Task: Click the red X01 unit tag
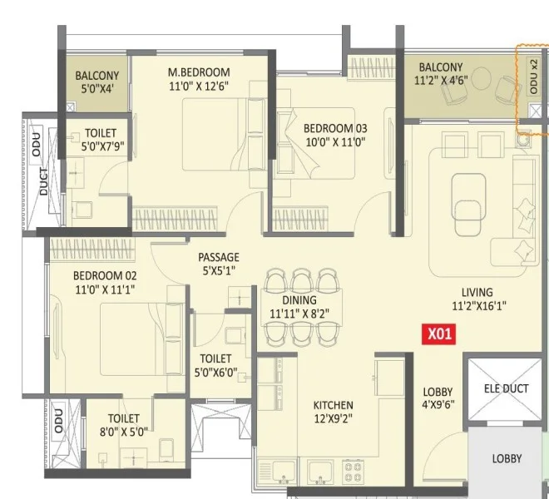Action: [438, 333]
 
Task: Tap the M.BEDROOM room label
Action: [199, 72]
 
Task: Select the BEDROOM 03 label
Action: [335, 128]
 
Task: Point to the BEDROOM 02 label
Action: [105, 275]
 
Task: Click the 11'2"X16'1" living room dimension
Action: [479, 306]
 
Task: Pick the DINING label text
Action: [299, 299]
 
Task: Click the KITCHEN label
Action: [333, 405]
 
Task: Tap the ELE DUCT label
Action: [506, 388]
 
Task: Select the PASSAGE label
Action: [219, 257]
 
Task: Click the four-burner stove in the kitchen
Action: [353, 472]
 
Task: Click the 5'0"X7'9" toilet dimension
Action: [103, 146]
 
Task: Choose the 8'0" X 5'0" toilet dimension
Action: [124, 432]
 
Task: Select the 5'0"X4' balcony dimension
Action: [97, 89]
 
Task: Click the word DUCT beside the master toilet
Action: [44, 181]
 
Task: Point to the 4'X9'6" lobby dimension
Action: [438, 404]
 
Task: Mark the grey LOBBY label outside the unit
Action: [507, 458]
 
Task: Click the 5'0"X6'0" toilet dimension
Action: [216, 372]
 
